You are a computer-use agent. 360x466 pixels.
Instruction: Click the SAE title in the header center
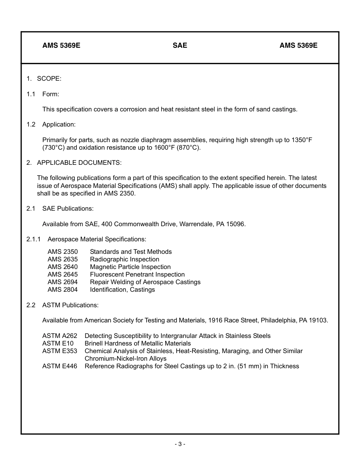click(180, 45)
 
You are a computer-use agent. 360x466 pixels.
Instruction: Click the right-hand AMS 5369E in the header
click(298, 45)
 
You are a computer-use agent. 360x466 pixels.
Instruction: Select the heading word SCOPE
click(49, 79)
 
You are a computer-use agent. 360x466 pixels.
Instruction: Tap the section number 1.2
click(31, 125)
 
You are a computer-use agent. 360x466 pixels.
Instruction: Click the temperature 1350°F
click(302, 140)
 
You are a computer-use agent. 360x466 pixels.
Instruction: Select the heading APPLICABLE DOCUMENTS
click(79, 163)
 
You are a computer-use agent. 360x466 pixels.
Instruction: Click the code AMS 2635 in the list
click(63, 260)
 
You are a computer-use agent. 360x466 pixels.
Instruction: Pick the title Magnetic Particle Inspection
click(130, 267)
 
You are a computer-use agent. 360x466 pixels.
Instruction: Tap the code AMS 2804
click(63, 290)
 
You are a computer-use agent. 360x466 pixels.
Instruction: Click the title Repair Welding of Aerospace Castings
click(145, 282)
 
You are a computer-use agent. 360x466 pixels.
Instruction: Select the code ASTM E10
click(58, 344)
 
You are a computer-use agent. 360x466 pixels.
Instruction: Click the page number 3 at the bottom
click(180, 444)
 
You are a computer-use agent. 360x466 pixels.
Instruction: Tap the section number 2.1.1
click(33, 239)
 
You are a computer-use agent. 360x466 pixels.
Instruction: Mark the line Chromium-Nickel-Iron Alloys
click(125, 359)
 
